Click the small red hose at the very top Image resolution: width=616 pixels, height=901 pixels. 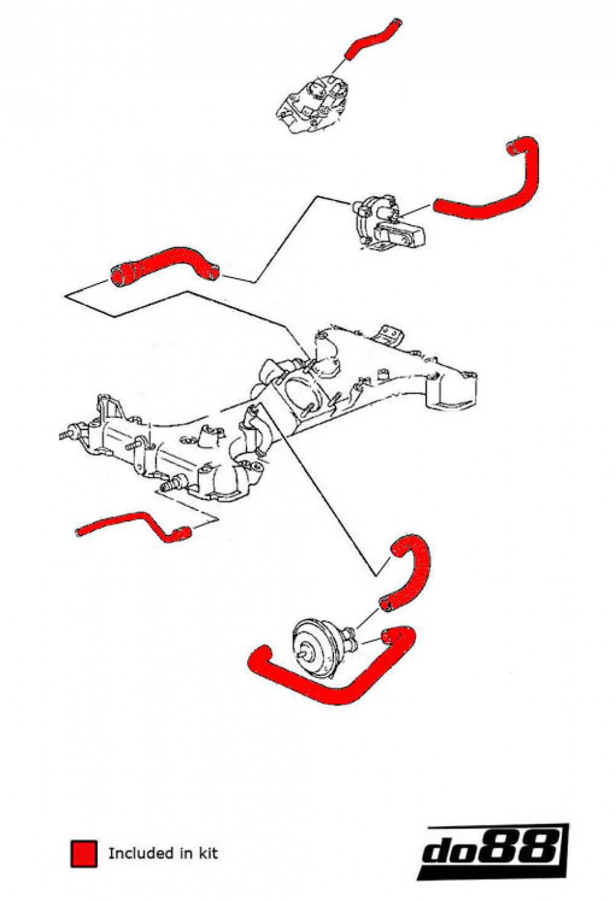371,40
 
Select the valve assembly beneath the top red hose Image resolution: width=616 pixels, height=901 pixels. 314,103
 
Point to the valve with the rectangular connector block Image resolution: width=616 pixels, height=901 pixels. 388,225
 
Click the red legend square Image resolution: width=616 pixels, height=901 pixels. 84,853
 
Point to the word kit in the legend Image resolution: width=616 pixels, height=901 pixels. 208,853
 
